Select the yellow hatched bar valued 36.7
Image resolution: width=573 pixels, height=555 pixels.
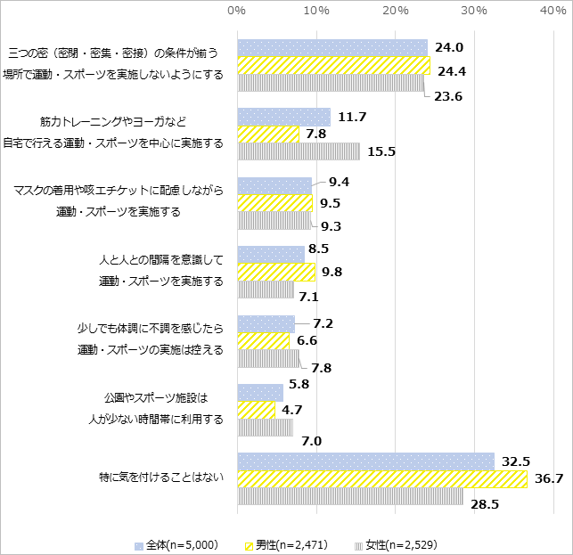381,479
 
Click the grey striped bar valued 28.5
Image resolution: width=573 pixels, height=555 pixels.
349,496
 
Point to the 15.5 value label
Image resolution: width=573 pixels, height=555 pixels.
381,151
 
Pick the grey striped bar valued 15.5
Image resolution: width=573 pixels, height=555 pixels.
299,151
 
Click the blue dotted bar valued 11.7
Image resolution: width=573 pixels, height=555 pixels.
283,117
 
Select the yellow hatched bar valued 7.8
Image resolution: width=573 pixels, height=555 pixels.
268,134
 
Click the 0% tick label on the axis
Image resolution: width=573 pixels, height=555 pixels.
237,11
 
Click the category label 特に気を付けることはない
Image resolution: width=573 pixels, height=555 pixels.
160,478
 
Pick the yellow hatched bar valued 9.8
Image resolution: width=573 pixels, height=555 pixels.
276,272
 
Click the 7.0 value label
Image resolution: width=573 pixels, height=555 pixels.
312,441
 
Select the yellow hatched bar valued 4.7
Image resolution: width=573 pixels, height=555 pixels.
256,410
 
